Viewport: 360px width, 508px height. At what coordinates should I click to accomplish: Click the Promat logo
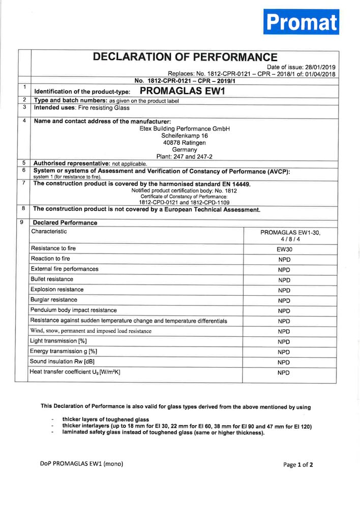[301, 22]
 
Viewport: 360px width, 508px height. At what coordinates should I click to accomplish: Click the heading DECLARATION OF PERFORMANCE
[185, 57]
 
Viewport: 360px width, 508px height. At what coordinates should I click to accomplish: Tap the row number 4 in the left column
[24, 121]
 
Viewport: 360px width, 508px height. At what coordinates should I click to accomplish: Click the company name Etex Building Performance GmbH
[185, 129]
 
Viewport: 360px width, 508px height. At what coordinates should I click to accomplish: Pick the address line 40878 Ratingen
[184, 143]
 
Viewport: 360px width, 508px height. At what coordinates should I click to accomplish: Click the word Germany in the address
[184, 150]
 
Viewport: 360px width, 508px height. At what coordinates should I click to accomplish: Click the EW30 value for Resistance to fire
[284, 250]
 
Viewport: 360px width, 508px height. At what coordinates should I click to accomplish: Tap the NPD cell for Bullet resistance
[284, 280]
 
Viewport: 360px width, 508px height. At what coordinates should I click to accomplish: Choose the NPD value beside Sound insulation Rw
[284, 362]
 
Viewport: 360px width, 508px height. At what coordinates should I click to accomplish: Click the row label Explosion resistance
[57, 290]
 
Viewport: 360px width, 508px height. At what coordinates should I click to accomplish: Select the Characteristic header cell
[49, 232]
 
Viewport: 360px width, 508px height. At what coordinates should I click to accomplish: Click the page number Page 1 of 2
[298, 464]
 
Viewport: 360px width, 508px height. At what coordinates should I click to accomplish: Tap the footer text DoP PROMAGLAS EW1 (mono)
[81, 463]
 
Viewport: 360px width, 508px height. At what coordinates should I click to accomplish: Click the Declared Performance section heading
[65, 223]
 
